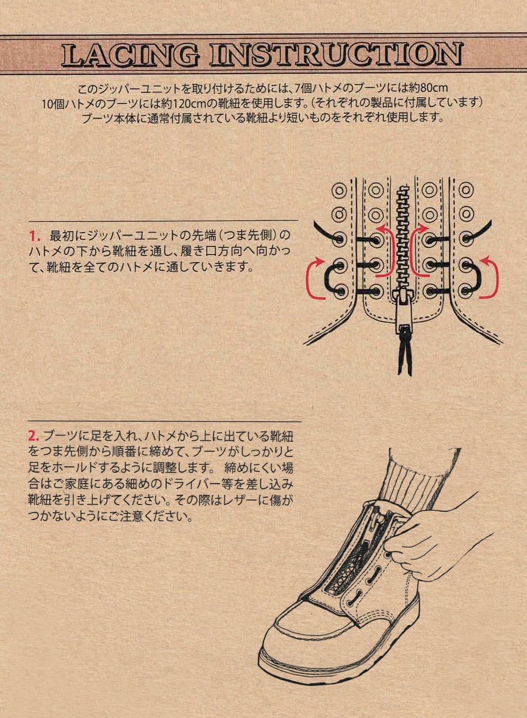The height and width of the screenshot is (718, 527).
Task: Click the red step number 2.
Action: pyautogui.click(x=33, y=436)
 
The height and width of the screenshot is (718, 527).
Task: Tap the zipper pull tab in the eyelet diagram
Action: pyautogui.click(x=404, y=315)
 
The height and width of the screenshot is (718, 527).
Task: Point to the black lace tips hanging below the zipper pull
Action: pyautogui.click(x=404, y=357)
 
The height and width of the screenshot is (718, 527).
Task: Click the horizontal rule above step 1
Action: pyautogui.click(x=163, y=221)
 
